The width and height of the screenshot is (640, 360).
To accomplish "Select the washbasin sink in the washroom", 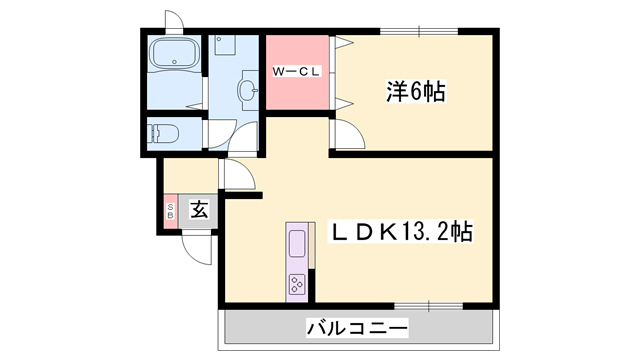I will tap(247, 91).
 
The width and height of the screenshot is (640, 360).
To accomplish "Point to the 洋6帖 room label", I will tap(416, 91).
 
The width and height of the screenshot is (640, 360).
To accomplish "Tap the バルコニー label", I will tap(357, 327).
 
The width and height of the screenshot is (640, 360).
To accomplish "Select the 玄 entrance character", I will tap(199, 210).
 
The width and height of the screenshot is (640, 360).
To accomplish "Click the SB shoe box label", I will tap(170, 210).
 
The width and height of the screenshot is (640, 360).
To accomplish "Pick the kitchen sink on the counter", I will tap(298, 243).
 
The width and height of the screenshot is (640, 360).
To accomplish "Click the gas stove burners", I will tap(298, 283).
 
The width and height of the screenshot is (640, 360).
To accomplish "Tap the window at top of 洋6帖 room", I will tap(419, 31).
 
